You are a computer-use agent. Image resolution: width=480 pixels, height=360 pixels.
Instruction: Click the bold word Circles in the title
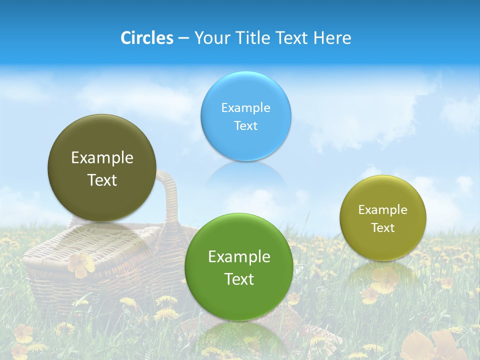point(146,37)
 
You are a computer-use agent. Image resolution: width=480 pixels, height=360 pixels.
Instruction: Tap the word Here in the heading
point(332,37)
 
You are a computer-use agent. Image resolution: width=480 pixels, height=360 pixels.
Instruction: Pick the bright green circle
point(239,295)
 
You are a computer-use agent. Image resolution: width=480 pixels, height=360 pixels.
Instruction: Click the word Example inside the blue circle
point(245,107)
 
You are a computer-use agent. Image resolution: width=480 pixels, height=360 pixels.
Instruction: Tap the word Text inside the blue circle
point(245,125)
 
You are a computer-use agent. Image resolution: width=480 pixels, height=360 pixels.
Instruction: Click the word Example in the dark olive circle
point(102,157)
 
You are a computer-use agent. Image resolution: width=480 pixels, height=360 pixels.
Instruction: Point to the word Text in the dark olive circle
point(102,180)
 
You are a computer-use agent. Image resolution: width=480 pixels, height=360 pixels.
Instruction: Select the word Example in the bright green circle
point(239,256)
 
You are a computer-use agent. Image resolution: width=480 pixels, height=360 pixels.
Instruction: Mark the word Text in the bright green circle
point(239,279)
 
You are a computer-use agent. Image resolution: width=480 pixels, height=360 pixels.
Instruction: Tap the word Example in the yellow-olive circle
point(382,209)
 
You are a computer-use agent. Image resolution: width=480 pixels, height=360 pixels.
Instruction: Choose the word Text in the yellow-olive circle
point(382,227)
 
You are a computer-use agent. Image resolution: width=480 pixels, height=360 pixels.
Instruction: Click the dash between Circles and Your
point(183,38)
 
